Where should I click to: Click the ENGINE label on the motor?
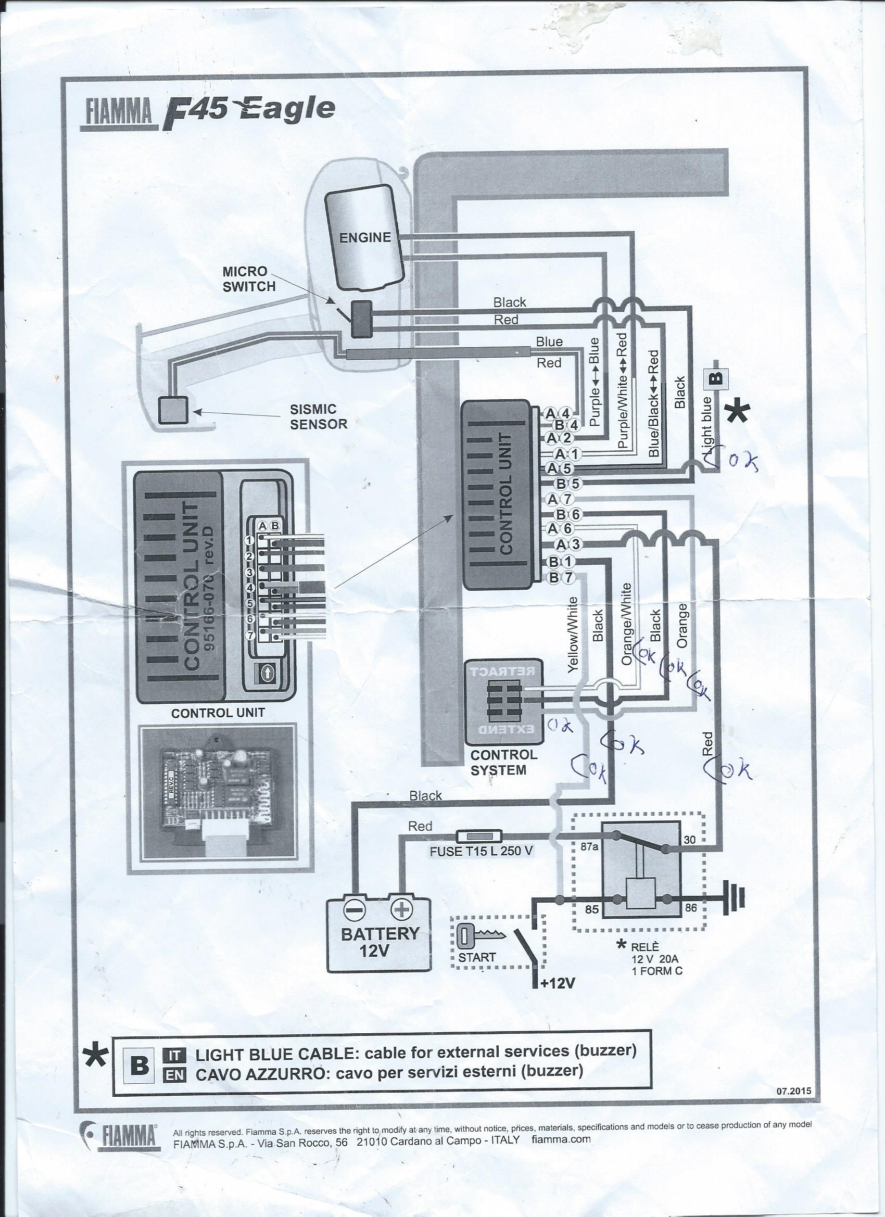pyautogui.click(x=365, y=237)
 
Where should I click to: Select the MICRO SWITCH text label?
pyautogui.click(x=249, y=278)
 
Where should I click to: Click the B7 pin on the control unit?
pyautogui.click(x=562, y=577)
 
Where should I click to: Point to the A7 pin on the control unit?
pyautogui.click(x=562, y=500)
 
